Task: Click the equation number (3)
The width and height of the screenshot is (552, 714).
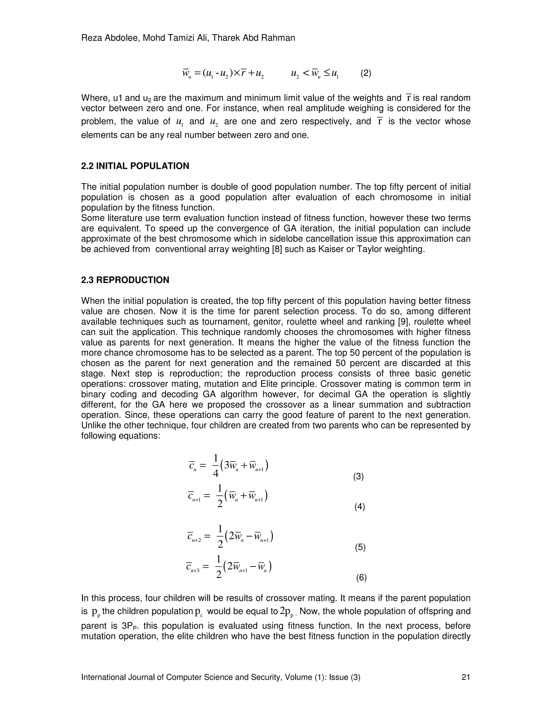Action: pos(358,477)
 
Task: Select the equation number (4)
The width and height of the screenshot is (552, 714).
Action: pos(359,507)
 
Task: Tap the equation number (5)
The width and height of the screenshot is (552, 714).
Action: pos(360,547)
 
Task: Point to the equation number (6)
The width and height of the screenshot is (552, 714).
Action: pos(361,578)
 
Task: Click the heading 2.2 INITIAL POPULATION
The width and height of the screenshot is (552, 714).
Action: pos(135,166)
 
